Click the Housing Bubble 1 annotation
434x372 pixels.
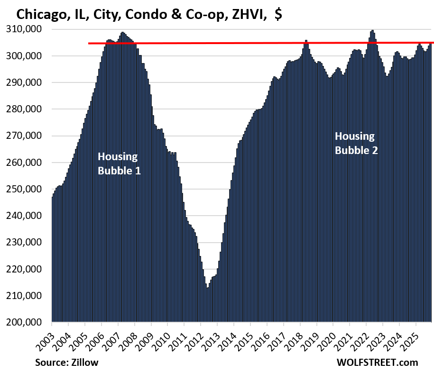[x=119, y=163]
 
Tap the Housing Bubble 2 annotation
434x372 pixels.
[x=356, y=144]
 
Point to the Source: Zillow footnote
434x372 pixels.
[x=66, y=363]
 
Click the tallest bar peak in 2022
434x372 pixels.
[x=372, y=31]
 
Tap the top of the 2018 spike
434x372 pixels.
[x=306, y=41]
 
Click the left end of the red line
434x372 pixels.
[x=89, y=44]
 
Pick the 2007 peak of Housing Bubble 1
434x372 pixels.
[x=122, y=33]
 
